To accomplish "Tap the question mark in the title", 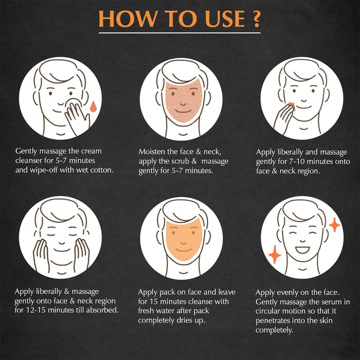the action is pos(255,18).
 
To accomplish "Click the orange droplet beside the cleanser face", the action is pos(93,106).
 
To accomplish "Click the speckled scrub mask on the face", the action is pos(184,100).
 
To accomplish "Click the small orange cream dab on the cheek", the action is pos(291,107).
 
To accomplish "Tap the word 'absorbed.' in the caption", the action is pos(103,310).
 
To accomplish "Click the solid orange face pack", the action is pos(184,240).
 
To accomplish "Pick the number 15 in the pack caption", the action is pos(154,301).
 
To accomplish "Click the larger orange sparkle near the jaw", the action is pos(274,254).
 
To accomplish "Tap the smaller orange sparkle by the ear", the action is pos(334,225).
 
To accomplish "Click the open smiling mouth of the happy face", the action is pos(302,250).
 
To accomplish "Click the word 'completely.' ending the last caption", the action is pos(274,330).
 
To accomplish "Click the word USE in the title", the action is pos(225,19).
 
